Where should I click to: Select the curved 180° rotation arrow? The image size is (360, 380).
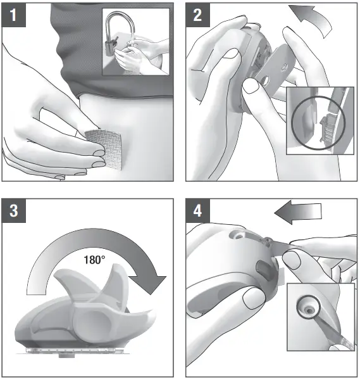95,244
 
